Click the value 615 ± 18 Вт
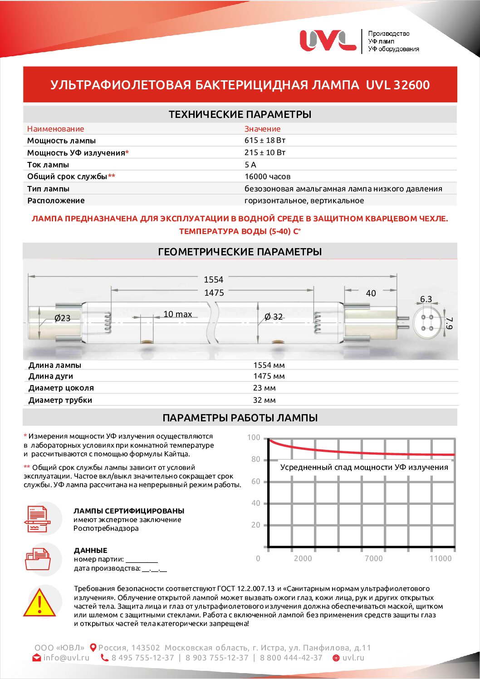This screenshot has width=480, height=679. tap(265, 141)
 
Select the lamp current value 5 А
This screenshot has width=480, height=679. tap(250, 165)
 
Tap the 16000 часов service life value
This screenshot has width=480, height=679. tap(267, 176)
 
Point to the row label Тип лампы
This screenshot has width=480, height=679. tap(48, 189)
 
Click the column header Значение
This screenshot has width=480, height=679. tap(262, 129)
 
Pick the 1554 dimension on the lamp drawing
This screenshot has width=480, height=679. tap(213, 280)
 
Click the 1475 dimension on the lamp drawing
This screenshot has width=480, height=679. tap(214, 293)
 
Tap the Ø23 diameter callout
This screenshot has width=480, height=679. tap(62, 318)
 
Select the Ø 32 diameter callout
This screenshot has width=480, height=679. tap(274, 317)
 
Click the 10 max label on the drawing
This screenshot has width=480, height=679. tap(177, 314)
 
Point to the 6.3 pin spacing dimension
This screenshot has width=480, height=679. tap(426, 299)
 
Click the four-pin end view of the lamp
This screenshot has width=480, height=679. tap(427, 322)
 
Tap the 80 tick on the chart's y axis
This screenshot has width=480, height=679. tap(256, 459)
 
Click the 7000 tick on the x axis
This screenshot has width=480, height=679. tap(373, 558)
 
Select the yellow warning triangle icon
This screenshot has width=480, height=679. tap(40, 604)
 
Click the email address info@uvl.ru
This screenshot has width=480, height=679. tap(66, 658)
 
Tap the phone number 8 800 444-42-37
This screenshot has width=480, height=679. tap(291, 658)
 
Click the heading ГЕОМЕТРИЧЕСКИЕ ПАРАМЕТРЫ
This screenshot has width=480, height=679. tap(240, 252)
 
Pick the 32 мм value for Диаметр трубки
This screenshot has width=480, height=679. tap(264, 400)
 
